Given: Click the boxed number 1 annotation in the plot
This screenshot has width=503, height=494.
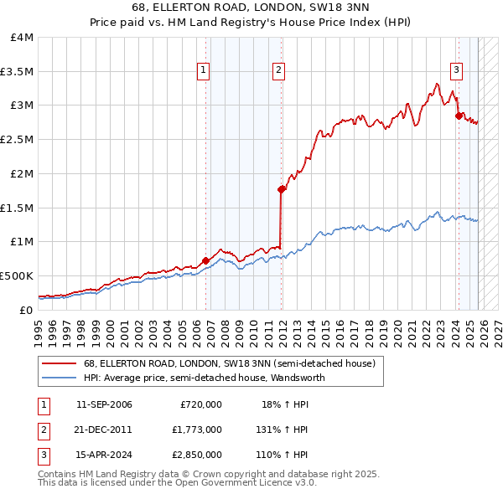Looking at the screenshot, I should pos(204,70).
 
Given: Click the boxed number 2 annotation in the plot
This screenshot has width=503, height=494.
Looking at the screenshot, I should pos(278,70).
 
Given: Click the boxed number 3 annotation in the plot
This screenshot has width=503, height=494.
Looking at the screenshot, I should pos(457,70).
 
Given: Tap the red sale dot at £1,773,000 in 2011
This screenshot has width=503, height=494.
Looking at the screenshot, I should pos(281,189).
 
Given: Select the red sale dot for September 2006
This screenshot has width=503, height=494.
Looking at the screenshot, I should pos(206,260).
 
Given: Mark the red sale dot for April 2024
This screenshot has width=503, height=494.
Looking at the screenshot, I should pos(459,116).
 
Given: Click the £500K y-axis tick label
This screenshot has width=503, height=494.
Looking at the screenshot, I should pos(17,275).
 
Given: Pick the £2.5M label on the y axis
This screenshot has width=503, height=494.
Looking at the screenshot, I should pos(17,140).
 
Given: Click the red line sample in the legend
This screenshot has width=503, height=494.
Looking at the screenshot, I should pos(60,363).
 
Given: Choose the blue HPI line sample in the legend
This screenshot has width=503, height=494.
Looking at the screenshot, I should pos(60,378).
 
